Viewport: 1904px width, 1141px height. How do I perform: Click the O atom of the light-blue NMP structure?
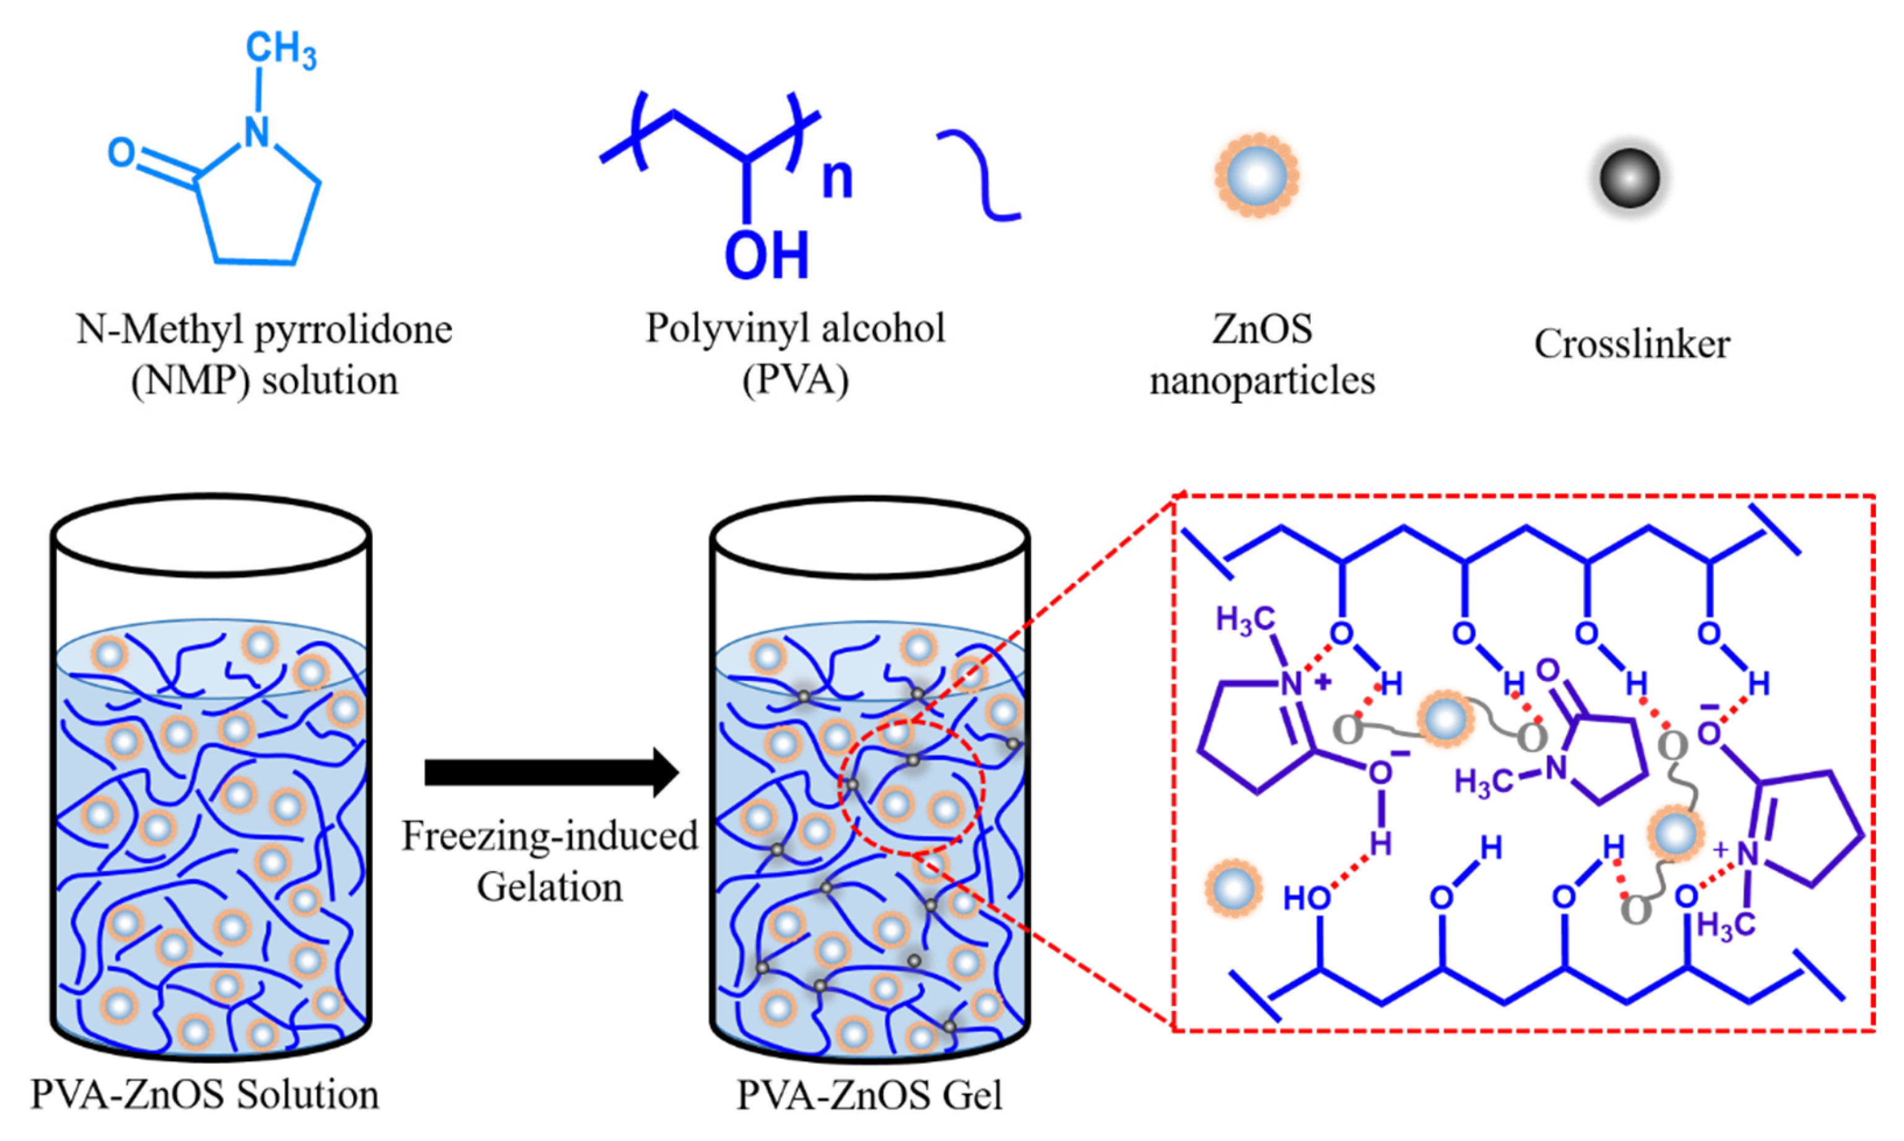pyautogui.click(x=121, y=153)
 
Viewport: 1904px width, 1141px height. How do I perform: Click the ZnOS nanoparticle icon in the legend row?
pyautogui.click(x=1256, y=176)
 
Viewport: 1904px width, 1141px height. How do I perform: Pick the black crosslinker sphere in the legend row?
pyautogui.click(x=1628, y=178)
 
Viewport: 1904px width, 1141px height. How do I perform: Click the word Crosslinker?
pyautogui.click(x=1632, y=344)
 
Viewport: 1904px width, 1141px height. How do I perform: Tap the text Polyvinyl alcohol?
pyautogui.click(x=794, y=329)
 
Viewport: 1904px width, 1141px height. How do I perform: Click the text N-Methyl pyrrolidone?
pyautogui.click(x=264, y=331)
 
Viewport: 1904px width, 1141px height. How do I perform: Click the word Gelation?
pyautogui.click(x=549, y=887)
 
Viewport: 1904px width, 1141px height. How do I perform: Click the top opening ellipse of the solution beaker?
pyautogui.click(x=211, y=534)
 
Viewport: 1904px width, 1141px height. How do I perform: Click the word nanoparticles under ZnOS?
pyautogui.click(x=1262, y=381)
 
